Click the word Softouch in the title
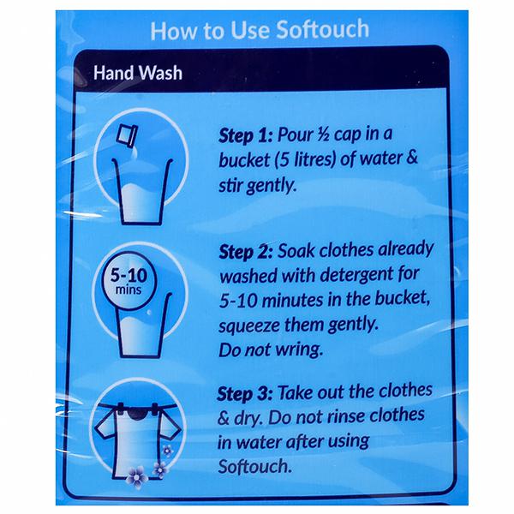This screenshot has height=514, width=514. (323, 29)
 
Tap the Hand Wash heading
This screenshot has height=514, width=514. (138, 73)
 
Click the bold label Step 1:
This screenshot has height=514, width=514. (246, 135)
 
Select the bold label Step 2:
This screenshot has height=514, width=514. (246, 252)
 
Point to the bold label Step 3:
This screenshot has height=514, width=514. (244, 394)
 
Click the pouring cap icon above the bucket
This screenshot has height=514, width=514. (128, 135)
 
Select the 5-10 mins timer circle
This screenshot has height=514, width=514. (128, 281)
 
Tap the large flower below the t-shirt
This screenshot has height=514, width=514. (137, 477)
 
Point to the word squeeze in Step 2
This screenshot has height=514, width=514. (248, 326)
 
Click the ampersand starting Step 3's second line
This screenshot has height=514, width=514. (224, 418)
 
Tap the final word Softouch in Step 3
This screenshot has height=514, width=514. (254, 466)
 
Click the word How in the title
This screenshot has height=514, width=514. (174, 31)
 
